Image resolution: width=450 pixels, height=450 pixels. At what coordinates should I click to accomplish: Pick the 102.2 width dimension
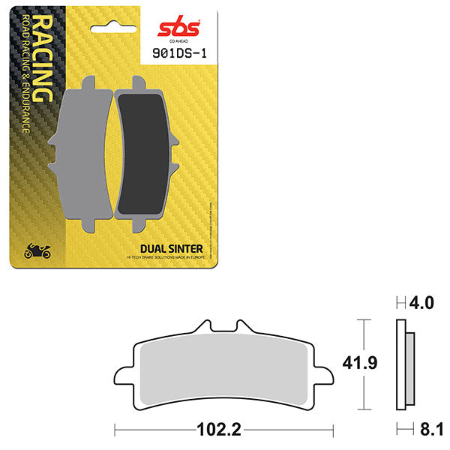click(224, 431)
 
